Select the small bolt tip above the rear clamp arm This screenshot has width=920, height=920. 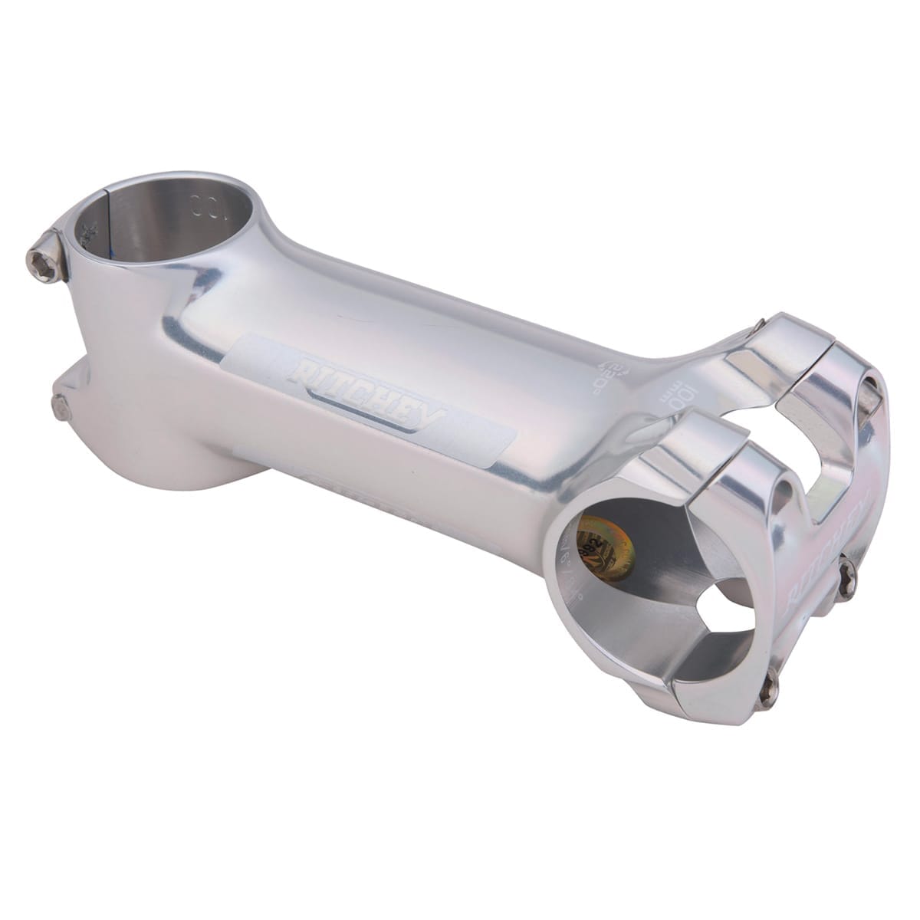point(760,321)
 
